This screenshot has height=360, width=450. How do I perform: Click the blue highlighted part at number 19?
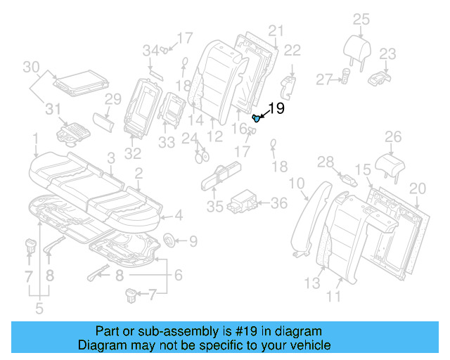[x=257, y=118]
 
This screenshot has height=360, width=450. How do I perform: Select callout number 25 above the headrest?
[x=361, y=19]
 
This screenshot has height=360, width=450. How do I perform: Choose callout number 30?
[x=30, y=67]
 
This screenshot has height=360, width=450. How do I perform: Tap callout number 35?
[x=215, y=207]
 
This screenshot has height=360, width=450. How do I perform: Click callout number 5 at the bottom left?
[x=39, y=307]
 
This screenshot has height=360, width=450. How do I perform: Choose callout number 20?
[x=417, y=188]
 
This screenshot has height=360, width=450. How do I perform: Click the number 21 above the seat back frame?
[x=275, y=30]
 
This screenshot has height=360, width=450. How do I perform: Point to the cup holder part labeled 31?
[x=72, y=131]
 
